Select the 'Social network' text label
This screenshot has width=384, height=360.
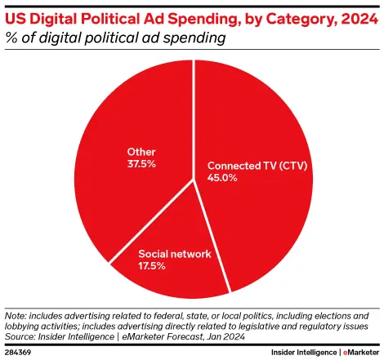coord(174,254)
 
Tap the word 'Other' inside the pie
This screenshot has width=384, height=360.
coord(142,151)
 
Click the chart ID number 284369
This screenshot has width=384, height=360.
coord(20,351)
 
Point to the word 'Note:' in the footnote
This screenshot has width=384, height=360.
coord(16,315)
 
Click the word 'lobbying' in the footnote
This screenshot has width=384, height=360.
coord(25,324)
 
